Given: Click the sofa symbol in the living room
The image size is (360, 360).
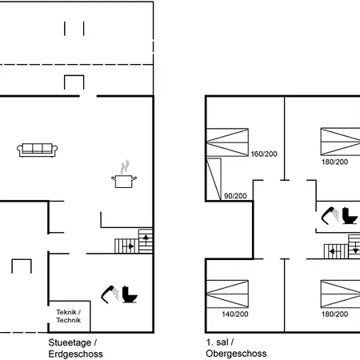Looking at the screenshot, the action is [38, 150].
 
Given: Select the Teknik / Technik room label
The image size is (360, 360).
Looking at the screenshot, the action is [69, 316].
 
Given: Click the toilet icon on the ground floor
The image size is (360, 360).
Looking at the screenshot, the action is [130, 294].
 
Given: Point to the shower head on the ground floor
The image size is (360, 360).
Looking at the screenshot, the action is [110, 294].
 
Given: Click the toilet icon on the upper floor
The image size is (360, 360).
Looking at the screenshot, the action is [350, 215].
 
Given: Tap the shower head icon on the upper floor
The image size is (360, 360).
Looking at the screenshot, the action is [330, 215].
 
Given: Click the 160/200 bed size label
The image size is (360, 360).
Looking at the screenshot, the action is [264, 154].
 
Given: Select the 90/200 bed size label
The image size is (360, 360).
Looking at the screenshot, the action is [235, 196].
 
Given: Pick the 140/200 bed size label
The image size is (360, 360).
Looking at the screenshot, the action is [235, 314].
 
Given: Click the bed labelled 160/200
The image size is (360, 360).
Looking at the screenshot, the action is [227, 142].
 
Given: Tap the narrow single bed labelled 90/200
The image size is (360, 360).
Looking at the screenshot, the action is [214, 179].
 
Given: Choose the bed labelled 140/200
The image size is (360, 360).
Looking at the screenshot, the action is [227, 294].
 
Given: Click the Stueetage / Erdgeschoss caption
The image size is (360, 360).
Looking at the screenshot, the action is [75, 348].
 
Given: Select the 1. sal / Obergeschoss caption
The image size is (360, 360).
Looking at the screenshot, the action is [236, 347].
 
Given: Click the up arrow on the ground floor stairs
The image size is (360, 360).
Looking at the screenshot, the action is [146, 238].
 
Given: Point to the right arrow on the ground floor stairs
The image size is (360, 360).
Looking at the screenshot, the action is [128, 246].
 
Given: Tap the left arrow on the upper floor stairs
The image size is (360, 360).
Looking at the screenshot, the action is [334, 251].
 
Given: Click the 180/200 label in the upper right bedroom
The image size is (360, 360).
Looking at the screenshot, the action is [334, 162].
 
